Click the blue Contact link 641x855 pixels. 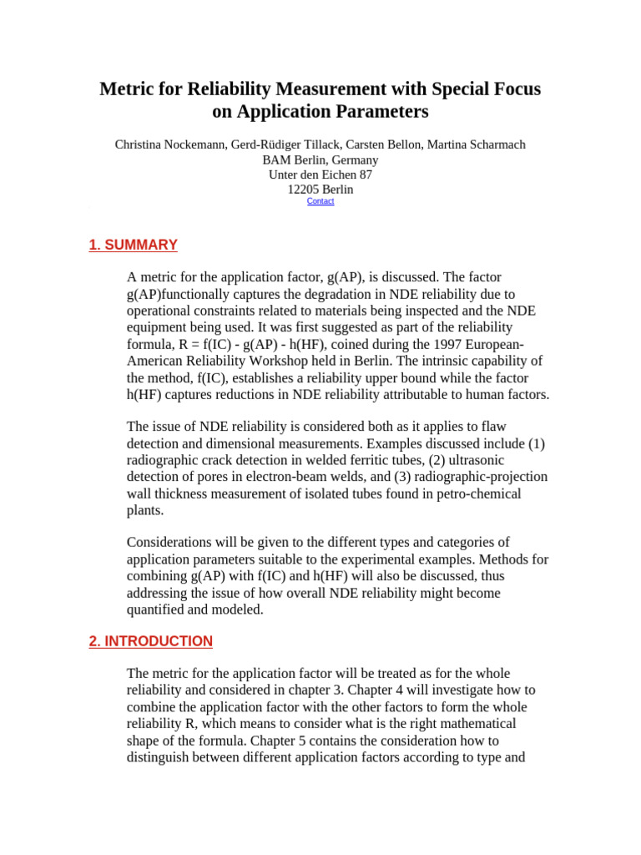320,201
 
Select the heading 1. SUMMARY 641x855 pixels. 133,245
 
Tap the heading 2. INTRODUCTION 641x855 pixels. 150,641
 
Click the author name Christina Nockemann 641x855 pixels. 169,144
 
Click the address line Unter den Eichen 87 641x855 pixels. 320,175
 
